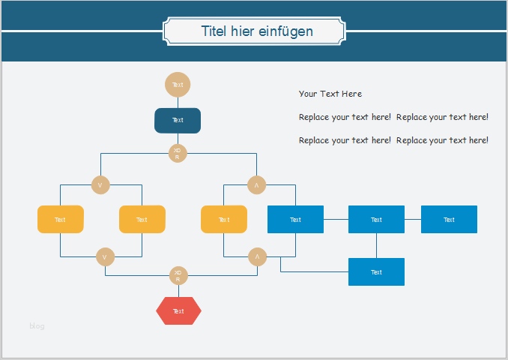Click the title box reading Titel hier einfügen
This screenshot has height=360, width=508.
(255, 31)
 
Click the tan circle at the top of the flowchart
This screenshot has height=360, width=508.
(178, 85)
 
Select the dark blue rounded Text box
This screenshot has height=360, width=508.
(178, 120)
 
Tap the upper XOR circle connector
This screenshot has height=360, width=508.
(178, 153)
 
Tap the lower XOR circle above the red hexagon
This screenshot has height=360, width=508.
(178, 275)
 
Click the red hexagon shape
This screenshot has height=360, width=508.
(178, 310)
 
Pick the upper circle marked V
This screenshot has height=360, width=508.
(100, 184)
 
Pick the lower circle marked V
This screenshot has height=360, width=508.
(105, 257)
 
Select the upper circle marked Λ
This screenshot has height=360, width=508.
(256, 184)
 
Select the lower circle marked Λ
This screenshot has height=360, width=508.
(257, 257)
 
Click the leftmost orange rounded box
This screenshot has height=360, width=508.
(61, 219)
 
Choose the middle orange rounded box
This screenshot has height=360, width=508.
(142, 219)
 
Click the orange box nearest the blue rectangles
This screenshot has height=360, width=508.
(224, 219)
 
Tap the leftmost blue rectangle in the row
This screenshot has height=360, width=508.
(295, 219)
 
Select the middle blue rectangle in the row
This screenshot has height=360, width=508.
(376, 219)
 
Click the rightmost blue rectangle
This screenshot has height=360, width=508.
(449, 219)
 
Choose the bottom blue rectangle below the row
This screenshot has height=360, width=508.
(376, 271)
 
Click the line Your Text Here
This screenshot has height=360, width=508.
(330, 94)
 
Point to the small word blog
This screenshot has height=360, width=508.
(37, 325)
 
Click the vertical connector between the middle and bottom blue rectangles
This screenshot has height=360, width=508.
(376, 245)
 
